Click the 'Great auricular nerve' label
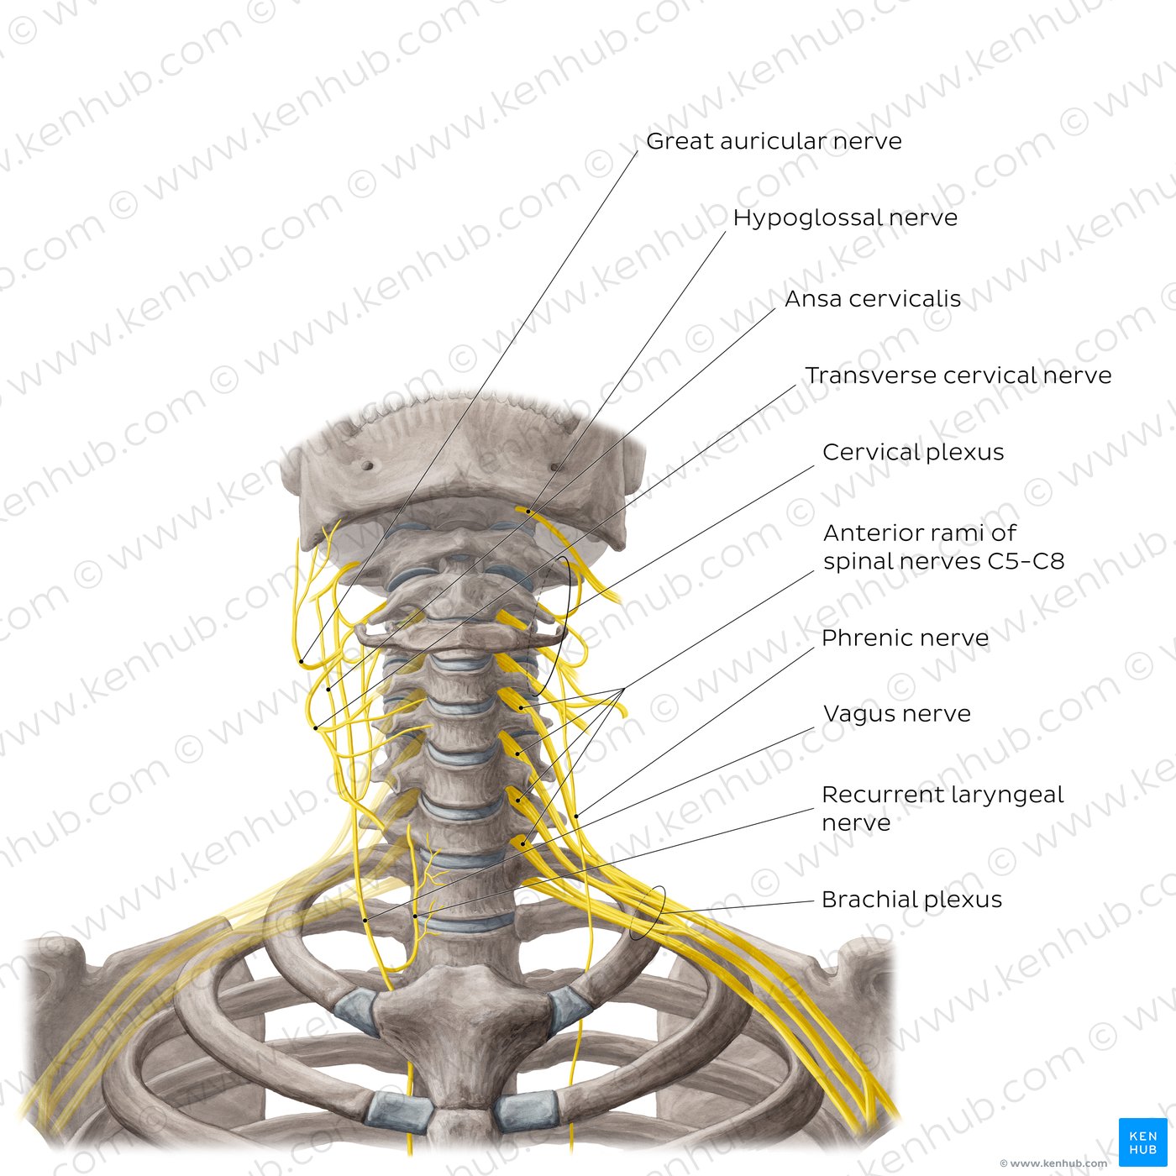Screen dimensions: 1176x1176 click(x=773, y=141)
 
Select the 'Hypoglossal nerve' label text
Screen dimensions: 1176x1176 click(x=845, y=218)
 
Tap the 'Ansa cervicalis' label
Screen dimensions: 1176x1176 click(x=873, y=298)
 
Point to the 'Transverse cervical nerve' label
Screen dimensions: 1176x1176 click(x=958, y=375)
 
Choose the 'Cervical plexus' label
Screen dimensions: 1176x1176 click(x=913, y=452)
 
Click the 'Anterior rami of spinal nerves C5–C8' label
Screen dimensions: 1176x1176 click(x=943, y=547)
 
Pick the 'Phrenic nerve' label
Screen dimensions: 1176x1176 click(x=905, y=638)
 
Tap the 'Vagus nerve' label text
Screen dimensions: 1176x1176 click(x=896, y=713)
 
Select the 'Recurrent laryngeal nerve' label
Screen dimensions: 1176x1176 click(x=942, y=808)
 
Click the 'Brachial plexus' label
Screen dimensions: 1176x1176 click(x=911, y=900)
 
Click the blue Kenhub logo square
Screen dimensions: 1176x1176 click(x=1142, y=1142)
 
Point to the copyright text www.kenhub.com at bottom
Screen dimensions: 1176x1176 click(x=1054, y=1163)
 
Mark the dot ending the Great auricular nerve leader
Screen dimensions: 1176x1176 click(x=302, y=661)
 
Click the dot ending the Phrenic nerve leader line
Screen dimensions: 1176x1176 click(x=577, y=816)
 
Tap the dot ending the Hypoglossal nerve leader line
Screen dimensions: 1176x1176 click(x=528, y=512)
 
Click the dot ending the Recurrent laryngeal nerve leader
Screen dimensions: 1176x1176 click(x=415, y=916)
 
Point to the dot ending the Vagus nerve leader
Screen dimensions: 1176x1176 click(x=365, y=920)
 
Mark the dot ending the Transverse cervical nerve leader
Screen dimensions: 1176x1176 click(x=316, y=728)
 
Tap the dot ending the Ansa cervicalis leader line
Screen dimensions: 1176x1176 click(x=328, y=690)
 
